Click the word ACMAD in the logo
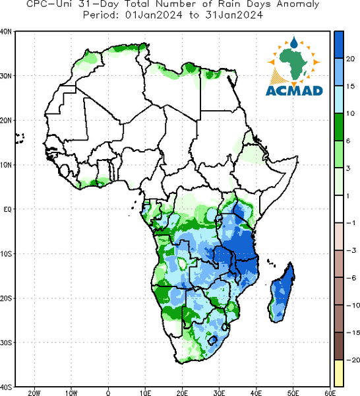point(294,90)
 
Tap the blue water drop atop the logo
point(293,42)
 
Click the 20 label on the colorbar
point(350,59)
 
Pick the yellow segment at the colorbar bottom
point(339,373)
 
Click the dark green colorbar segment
point(339,127)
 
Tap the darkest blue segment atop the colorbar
point(339,45)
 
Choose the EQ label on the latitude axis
point(8,209)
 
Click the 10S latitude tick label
point(6,254)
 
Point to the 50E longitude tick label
point(293,393)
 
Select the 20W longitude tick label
point(34,393)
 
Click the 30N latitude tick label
point(6,76)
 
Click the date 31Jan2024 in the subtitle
point(234,15)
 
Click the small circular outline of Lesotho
point(213,340)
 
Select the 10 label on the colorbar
point(350,114)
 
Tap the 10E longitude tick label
point(145,393)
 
